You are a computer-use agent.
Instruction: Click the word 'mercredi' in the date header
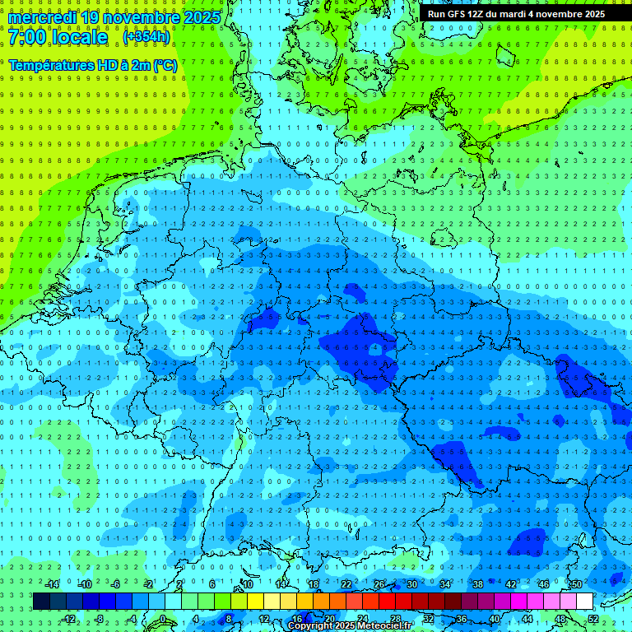41,17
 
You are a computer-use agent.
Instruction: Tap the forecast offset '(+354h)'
146,37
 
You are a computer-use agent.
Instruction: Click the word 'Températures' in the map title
49,64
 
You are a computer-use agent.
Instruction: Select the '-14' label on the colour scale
52,584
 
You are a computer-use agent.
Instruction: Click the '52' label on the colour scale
593,619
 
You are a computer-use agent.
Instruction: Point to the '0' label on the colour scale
163,619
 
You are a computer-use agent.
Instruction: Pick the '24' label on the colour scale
363,619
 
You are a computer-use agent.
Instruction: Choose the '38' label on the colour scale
478,584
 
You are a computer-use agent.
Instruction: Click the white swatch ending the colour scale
584,602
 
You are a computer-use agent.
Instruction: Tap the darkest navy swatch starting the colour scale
41,602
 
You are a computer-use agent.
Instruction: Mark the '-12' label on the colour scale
70,619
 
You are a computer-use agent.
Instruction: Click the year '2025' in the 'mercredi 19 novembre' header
202,17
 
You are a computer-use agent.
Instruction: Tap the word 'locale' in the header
81,37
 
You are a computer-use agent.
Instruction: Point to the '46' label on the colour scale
543,584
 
